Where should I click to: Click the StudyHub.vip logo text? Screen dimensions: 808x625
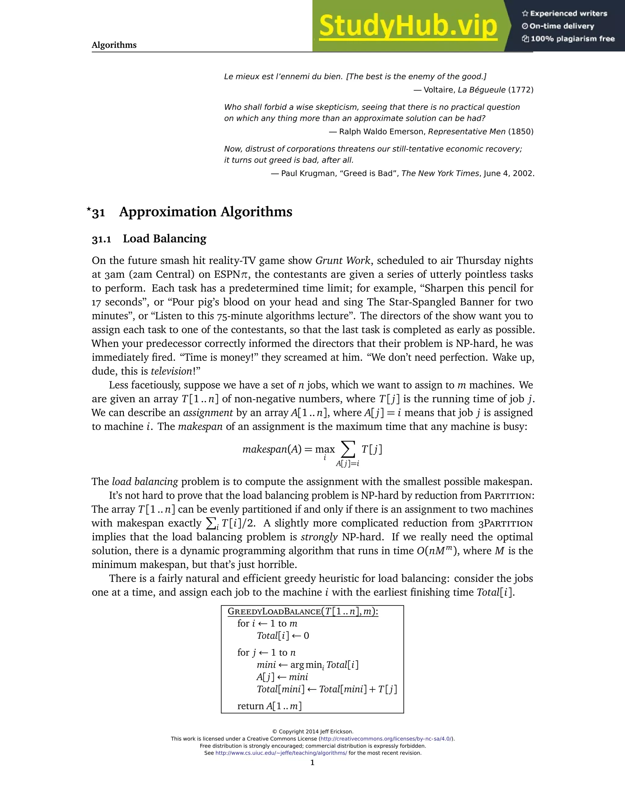(408, 26)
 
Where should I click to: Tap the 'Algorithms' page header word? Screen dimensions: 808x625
(114, 45)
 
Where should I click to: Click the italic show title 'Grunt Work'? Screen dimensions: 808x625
(342, 260)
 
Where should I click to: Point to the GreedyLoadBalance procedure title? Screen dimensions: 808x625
(303, 612)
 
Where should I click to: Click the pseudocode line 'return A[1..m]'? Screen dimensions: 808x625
(269, 706)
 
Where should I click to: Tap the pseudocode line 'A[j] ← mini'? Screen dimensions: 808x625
(282, 677)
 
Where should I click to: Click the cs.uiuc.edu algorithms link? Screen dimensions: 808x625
(281, 753)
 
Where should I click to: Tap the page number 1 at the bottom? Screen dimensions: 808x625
(312, 763)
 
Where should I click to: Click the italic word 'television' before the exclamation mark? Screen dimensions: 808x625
(172, 371)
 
